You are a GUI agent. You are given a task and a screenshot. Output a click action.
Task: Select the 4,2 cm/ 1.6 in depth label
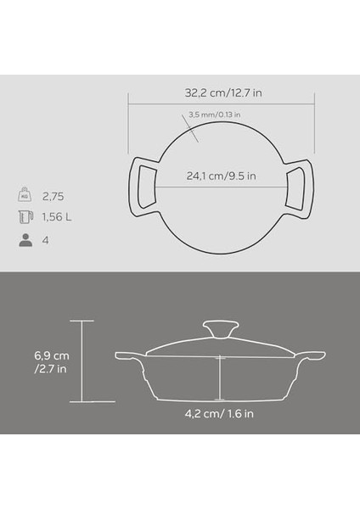click(x=221, y=415)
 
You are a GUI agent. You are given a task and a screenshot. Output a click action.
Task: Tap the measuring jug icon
click(x=25, y=216)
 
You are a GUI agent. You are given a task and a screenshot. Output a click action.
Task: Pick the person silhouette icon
click(x=25, y=240)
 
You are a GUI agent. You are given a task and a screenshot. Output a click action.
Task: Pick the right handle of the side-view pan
click(x=313, y=355)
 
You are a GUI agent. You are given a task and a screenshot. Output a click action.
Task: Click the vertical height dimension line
click(x=82, y=361)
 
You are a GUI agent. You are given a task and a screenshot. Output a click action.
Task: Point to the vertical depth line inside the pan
click(x=219, y=377)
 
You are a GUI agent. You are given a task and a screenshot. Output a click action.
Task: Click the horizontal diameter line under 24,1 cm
click(x=221, y=188)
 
